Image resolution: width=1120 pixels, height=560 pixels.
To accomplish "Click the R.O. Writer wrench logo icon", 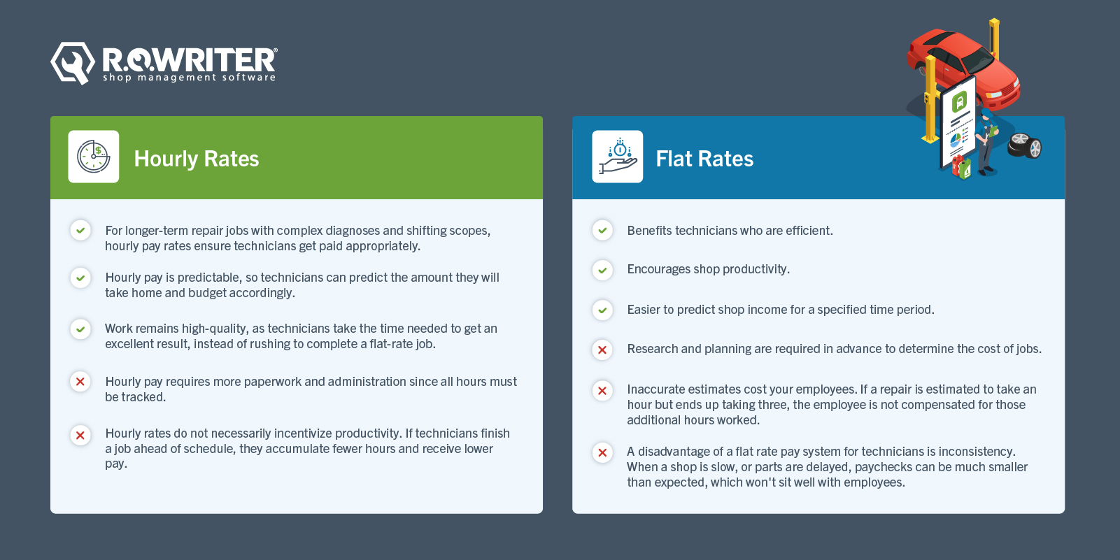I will coord(72,63).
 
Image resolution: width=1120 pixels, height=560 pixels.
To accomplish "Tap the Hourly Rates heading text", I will coord(196,159).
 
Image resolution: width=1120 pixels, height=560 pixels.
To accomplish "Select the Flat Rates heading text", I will coord(704,159).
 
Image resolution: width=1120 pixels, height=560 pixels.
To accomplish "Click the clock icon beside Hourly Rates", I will coord(94,157).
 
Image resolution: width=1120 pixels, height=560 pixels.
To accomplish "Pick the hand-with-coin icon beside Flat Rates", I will coord(617,157).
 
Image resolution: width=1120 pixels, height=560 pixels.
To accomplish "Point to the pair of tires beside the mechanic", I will coord(1025,145).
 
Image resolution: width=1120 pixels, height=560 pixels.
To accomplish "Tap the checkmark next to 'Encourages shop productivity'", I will coord(602,270).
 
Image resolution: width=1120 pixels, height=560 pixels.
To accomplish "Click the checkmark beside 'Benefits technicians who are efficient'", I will coord(602,230).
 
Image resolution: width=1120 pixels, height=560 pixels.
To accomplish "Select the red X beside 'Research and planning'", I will coord(602,350).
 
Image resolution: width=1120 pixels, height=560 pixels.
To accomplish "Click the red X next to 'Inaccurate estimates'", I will coord(602,391).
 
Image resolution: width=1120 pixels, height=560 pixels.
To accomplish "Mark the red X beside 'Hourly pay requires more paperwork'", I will coord(80,382).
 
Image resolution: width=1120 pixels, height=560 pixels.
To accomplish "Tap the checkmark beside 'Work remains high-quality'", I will coord(80,329).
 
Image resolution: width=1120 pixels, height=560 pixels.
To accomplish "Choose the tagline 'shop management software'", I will coord(189,78).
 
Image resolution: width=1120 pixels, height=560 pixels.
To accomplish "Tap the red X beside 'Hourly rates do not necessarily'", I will coord(80,436).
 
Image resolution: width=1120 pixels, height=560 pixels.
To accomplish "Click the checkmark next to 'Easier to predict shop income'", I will coord(602,310).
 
